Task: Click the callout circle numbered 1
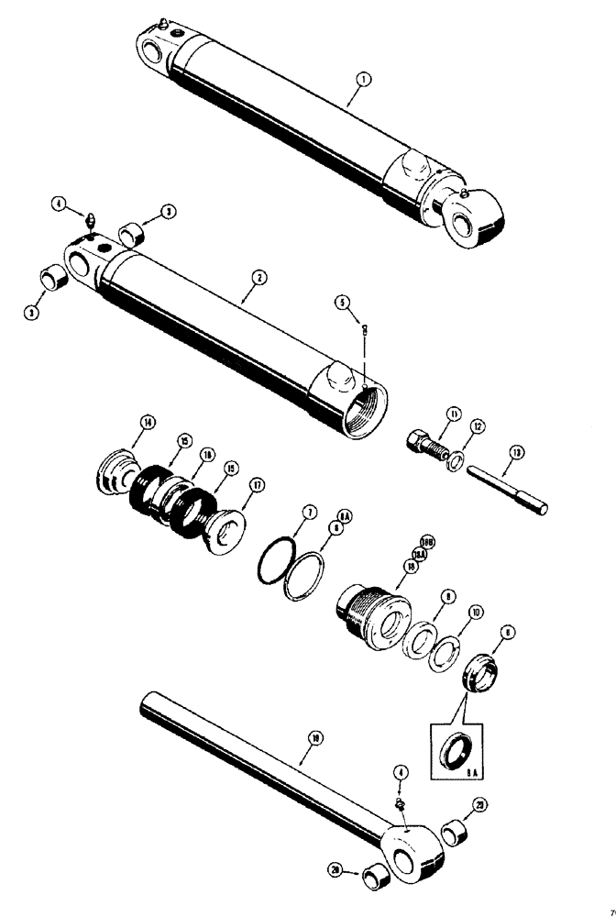point(364,80)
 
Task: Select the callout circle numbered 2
point(260,276)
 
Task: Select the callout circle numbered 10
point(475,612)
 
